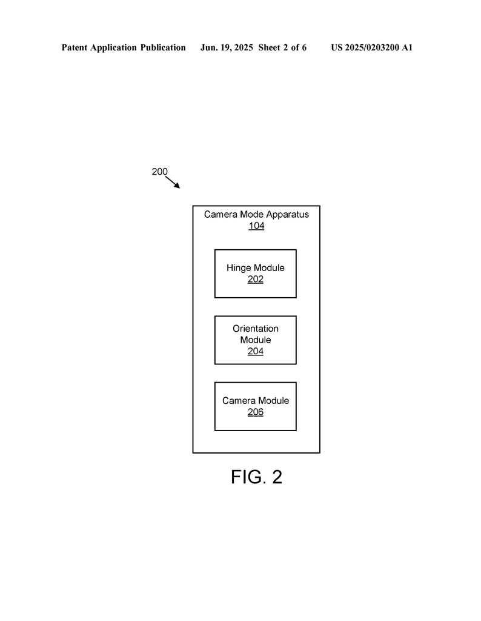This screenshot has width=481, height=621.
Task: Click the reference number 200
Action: click(x=160, y=172)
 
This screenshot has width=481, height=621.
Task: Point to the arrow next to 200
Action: click(x=173, y=183)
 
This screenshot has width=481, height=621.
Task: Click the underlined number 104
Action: click(x=256, y=226)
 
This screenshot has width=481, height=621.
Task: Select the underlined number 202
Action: click(x=256, y=279)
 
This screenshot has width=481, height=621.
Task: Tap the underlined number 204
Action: click(x=256, y=351)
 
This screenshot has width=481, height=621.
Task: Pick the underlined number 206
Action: click(x=256, y=412)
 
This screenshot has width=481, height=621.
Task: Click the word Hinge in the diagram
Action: click(x=239, y=268)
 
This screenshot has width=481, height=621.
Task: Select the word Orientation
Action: click(x=256, y=328)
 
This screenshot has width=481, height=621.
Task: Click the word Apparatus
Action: click(x=288, y=215)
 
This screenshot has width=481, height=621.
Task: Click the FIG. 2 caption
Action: click(x=256, y=477)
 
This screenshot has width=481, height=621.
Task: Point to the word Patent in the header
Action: click(x=75, y=47)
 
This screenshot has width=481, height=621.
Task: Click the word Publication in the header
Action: click(x=163, y=47)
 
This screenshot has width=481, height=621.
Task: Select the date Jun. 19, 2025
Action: click(x=227, y=47)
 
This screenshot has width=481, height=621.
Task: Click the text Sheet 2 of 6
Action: click(x=282, y=47)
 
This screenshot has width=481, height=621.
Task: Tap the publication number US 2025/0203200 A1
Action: click(x=372, y=47)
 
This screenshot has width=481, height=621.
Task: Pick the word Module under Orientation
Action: click(x=256, y=340)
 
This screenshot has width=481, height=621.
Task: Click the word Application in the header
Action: click(x=114, y=48)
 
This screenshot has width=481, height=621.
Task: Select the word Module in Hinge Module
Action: click(x=269, y=267)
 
